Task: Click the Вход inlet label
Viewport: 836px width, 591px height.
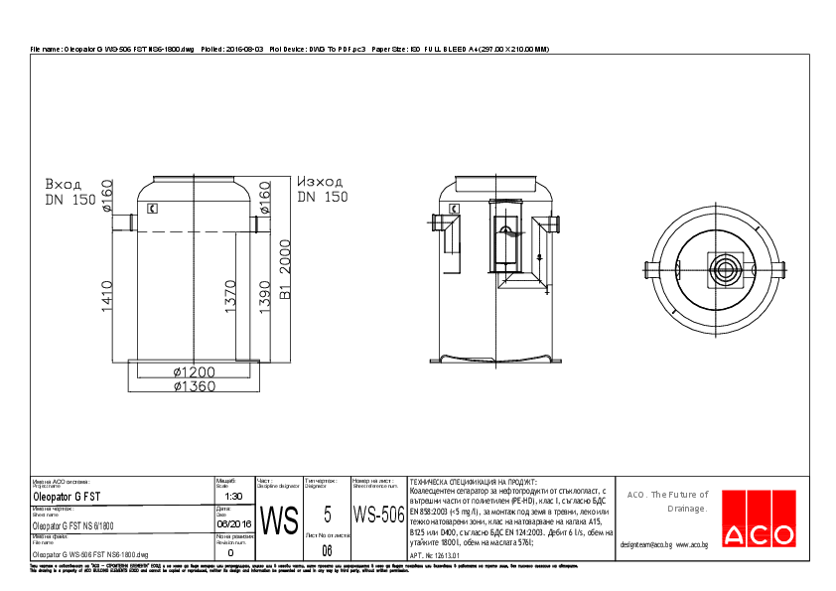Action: (64, 184)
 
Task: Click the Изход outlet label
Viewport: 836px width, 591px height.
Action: (320, 182)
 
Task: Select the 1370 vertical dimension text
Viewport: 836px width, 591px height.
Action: (231, 296)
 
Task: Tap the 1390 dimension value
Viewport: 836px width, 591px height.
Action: (265, 296)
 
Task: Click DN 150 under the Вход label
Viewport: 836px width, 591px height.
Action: (70, 200)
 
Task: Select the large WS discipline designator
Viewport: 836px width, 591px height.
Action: (278, 519)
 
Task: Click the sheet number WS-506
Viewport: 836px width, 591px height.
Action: (378, 516)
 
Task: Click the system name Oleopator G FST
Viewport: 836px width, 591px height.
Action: (67, 496)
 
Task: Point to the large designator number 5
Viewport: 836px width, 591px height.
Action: (328, 515)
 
